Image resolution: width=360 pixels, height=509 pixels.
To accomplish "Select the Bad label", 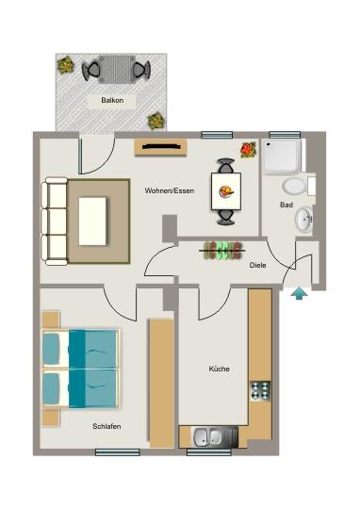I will pos(286,205).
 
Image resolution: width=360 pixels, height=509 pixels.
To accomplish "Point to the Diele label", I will pos(257,265).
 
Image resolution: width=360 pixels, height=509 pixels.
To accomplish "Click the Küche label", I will pos(219,369).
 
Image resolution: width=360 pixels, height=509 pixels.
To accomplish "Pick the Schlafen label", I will pos(106,426).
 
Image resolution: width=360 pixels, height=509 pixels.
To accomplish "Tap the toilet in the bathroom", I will pos(293,186).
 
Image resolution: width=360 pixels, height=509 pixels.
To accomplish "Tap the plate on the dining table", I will pos(226,191).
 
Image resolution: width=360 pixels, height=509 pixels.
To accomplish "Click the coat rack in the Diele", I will pos(223,251).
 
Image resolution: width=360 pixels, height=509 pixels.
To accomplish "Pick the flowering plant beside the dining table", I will pos(248,150).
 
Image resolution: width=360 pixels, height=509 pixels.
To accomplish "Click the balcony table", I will pos(117,69).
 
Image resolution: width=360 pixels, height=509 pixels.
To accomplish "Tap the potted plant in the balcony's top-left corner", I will pos(66,65).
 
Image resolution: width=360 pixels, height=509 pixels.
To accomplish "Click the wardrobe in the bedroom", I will pos(162,382).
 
